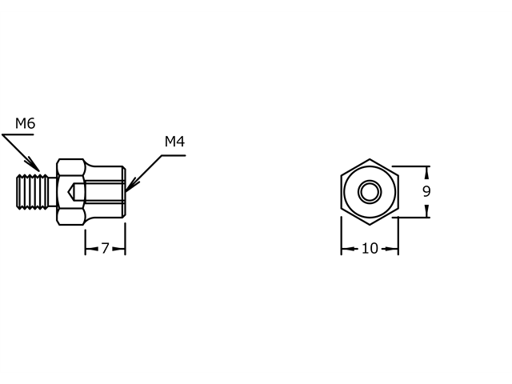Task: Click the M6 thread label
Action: (x=25, y=123)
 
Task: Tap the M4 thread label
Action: (x=174, y=142)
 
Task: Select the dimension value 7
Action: (x=105, y=249)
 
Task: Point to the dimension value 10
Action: (x=370, y=249)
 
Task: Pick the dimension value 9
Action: (x=426, y=192)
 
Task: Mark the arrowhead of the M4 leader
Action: (x=129, y=190)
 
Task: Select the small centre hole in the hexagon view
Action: (x=370, y=192)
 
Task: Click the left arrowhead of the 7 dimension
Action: (x=88, y=249)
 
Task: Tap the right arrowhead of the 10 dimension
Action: (x=394, y=249)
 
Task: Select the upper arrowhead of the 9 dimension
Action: (x=426, y=170)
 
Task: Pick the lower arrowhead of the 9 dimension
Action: (x=426, y=214)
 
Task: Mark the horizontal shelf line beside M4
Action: (x=174, y=155)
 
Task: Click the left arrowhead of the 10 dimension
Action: (x=345, y=249)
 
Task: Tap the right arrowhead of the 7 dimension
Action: (x=122, y=249)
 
